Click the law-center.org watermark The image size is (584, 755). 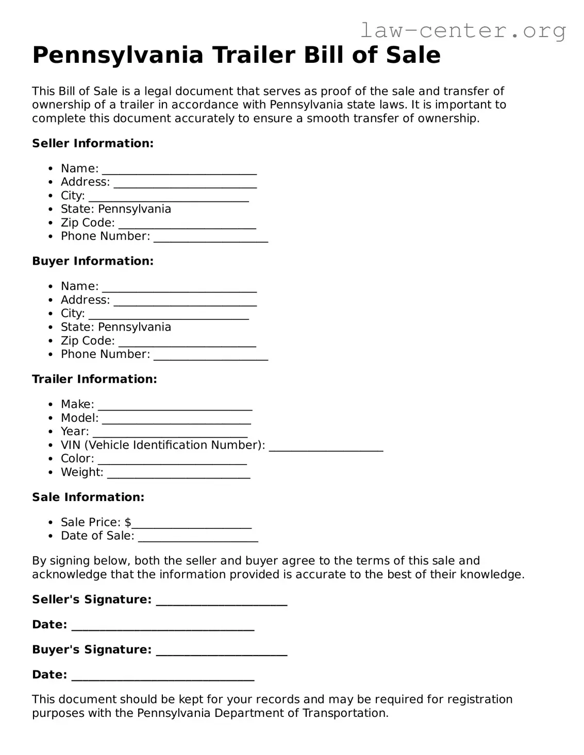click(x=462, y=31)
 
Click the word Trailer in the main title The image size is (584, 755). click(x=254, y=55)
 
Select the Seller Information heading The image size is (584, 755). click(x=93, y=143)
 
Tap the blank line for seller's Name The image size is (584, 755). click(x=179, y=170)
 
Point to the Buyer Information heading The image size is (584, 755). click(x=93, y=261)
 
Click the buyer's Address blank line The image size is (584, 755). click(x=185, y=301)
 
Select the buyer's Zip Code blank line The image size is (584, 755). click(x=187, y=342)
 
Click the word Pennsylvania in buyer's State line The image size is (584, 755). click(x=134, y=327)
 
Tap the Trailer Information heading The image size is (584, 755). click(x=94, y=379)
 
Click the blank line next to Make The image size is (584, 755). click(x=175, y=406)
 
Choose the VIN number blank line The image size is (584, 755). click(x=326, y=447)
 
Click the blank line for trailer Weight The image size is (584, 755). click(x=178, y=474)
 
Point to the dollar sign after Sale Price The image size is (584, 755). click(x=128, y=522)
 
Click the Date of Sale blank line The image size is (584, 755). click(x=198, y=537)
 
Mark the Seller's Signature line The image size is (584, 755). click(x=221, y=601)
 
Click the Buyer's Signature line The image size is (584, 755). click(x=221, y=651)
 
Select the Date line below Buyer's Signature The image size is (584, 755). click(x=162, y=676)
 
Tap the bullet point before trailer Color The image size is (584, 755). click(x=50, y=459)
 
